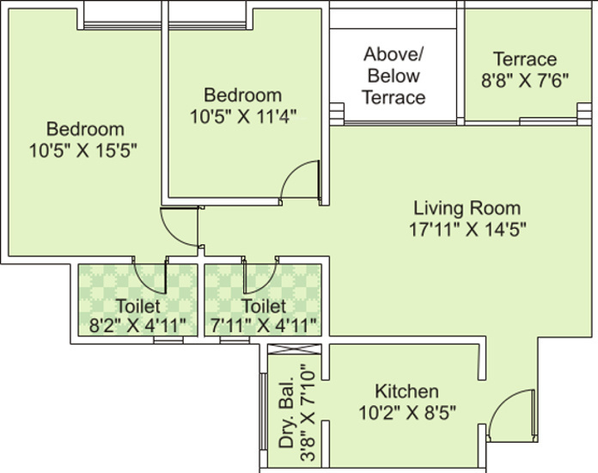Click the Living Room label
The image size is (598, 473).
(467, 208)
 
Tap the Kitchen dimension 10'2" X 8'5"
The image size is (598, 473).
(406, 412)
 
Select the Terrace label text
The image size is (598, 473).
(524, 59)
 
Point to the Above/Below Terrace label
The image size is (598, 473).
(393, 76)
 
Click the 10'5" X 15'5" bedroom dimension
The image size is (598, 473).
(85, 149)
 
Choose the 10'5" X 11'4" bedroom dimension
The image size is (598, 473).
(242, 114)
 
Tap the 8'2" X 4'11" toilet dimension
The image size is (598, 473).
(137, 325)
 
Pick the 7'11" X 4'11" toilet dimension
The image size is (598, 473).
(264, 325)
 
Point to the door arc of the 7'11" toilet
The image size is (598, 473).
(259, 275)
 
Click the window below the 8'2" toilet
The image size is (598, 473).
(168, 341)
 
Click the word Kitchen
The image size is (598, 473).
(406, 391)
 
